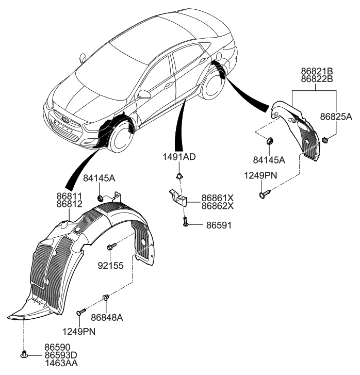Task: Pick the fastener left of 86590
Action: coord(24,354)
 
